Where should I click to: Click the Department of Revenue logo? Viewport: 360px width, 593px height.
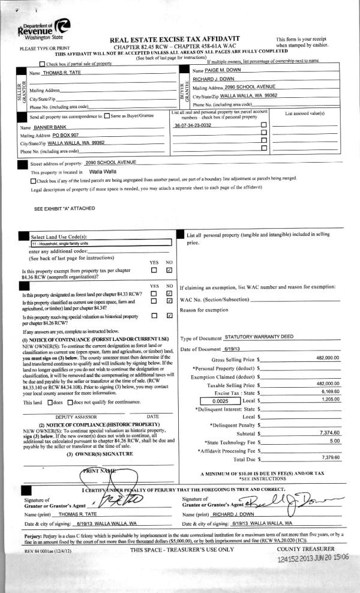point(44,29)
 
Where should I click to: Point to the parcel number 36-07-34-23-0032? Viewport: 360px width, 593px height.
point(193,125)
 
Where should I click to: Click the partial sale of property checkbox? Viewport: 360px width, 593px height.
point(41,64)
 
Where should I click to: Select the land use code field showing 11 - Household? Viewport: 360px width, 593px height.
point(101,244)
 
